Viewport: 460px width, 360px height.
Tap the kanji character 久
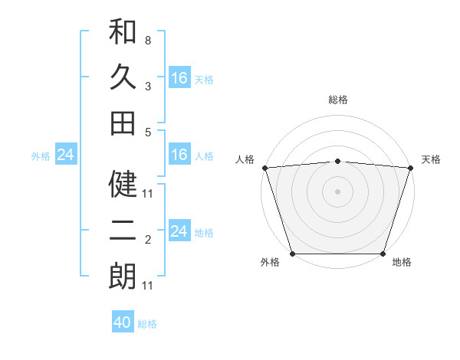[x=123, y=77]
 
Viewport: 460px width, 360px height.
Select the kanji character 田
[x=123, y=123]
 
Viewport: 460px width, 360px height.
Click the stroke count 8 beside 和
[x=148, y=40]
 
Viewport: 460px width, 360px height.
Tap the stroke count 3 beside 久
[x=148, y=87]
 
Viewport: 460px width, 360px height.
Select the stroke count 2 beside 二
[x=148, y=241]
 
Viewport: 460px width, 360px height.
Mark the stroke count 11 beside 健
[x=148, y=194]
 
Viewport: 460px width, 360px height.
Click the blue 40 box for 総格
[x=123, y=322]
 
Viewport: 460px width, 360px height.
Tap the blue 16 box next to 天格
[x=179, y=78]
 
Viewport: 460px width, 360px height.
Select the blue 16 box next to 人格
[x=179, y=155]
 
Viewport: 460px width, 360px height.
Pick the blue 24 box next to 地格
[x=179, y=231]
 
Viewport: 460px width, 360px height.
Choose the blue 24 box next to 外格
[x=65, y=155]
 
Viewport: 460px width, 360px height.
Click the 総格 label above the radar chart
[x=337, y=100]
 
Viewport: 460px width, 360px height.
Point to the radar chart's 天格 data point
[x=410, y=168]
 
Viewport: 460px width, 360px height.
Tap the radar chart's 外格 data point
[x=293, y=254]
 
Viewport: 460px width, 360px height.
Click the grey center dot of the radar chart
[x=337, y=191]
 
